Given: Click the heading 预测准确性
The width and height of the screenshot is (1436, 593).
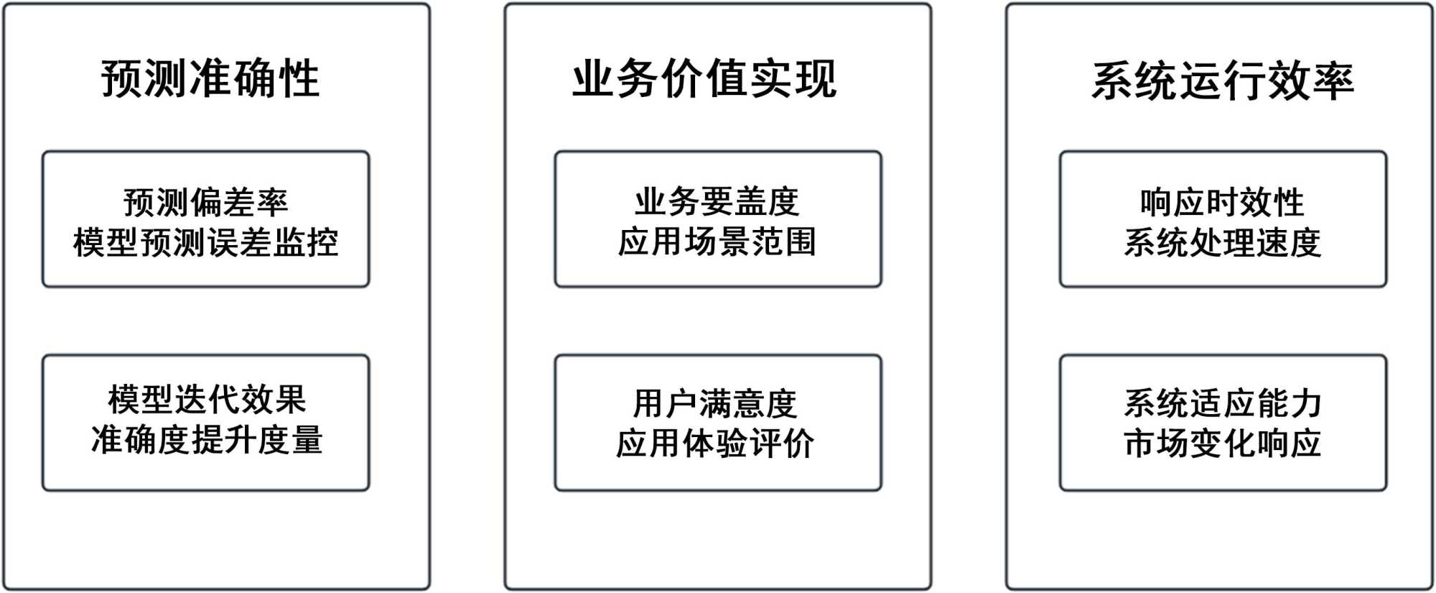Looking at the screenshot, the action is click(x=210, y=78).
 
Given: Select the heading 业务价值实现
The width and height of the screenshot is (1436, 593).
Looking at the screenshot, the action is click(x=704, y=78).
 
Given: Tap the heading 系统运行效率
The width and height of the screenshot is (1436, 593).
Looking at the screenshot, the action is click(x=1223, y=81).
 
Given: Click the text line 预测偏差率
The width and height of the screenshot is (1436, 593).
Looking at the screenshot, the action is click(x=206, y=202).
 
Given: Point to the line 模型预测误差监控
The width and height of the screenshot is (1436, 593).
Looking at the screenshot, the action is click(x=206, y=242).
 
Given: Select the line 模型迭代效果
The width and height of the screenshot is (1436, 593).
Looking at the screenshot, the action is click(x=207, y=400).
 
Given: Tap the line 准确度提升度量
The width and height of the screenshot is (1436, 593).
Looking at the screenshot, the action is click(x=207, y=440).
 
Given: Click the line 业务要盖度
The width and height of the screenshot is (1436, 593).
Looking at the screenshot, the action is click(x=717, y=201).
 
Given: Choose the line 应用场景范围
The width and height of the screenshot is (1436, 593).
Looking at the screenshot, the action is click(x=717, y=242).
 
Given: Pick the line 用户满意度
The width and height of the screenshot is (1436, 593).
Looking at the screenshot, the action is click(x=715, y=403).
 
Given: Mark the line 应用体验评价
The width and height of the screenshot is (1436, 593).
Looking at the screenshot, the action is click(x=715, y=443).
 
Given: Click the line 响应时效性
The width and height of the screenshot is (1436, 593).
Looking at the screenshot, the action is click(x=1222, y=202).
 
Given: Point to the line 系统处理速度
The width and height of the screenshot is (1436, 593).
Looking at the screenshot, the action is click(x=1222, y=242).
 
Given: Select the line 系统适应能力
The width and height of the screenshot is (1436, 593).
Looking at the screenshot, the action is click(x=1222, y=403).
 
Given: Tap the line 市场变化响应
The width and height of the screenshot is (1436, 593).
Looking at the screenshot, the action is click(x=1222, y=443).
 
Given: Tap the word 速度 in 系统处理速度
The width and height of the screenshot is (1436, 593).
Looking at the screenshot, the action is click(x=1288, y=242).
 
